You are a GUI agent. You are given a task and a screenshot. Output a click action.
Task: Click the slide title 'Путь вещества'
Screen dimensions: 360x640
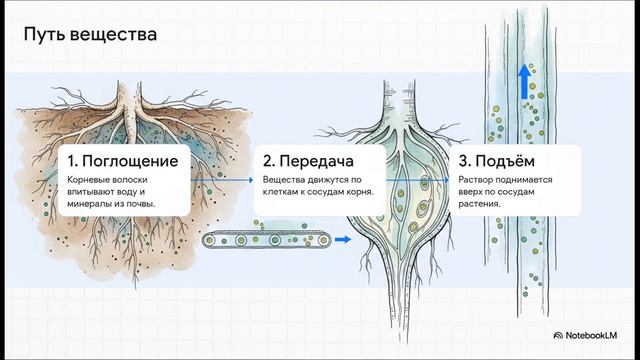pyautogui.click(x=91, y=36)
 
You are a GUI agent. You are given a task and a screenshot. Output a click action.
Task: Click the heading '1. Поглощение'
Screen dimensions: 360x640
pyautogui.click(x=123, y=161)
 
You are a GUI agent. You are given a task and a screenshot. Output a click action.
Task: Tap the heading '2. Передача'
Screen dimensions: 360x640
pyautogui.click(x=308, y=161)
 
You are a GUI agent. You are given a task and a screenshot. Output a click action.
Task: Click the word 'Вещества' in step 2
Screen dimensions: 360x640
pyautogui.click(x=285, y=180)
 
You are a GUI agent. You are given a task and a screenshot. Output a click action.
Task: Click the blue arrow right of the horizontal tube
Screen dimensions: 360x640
pyautogui.click(x=343, y=240)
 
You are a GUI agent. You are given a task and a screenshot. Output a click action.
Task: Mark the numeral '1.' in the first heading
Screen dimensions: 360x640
pyautogui.click(x=74, y=161)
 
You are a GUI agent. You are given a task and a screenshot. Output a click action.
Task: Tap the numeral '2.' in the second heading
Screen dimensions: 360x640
pyautogui.click(x=269, y=161)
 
